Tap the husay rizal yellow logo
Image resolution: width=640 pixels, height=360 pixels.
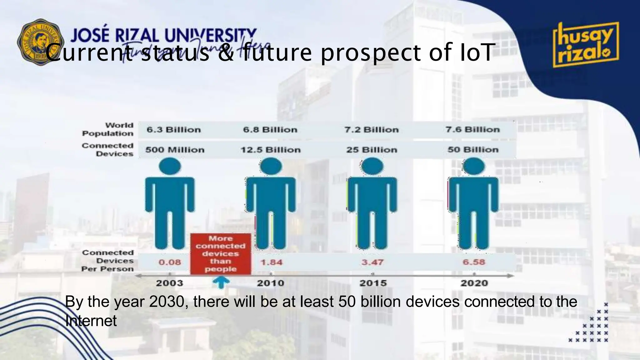tap(586, 45)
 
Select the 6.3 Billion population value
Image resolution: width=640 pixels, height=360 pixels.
tap(174, 130)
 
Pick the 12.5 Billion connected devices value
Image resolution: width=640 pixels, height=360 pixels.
tap(271, 150)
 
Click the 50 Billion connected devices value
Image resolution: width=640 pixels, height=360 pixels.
tap(473, 150)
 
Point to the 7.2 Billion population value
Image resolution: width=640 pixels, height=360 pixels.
tap(372, 130)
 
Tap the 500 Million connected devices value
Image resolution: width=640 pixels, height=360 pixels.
tap(175, 150)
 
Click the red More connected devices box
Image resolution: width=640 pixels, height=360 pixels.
tap(221, 254)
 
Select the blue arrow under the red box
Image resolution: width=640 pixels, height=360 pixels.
tap(221, 282)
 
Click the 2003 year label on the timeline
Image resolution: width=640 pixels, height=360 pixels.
tap(169, 283)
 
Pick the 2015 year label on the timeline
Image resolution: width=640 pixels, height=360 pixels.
tap(373, 283)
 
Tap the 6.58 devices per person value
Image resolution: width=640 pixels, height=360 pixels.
tap(474, 262)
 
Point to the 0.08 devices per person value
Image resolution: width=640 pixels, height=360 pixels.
tap(170, 262)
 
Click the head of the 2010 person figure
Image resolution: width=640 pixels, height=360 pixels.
tap(271, 166)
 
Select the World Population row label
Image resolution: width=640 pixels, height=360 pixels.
tap(108, 129)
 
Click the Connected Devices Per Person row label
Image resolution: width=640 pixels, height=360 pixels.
tap(108, 261)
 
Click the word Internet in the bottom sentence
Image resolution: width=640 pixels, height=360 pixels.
tap(91, 321)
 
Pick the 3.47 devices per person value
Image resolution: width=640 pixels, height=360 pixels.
tap(372, 262)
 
